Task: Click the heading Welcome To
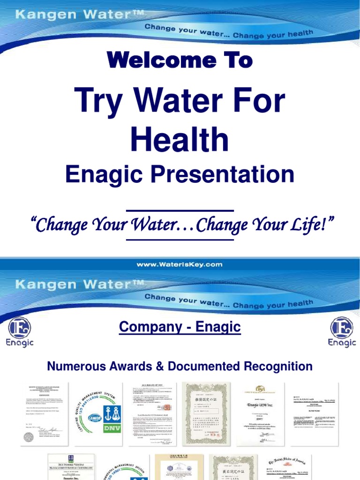(x=180, y=60)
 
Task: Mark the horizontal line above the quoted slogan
(x=180, y=211)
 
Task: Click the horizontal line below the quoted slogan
(x=180, y=240)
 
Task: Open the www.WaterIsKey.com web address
(x=180, y=264)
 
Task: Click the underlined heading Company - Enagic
(x=180, y=327)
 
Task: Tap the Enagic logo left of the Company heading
(x=20, y=331)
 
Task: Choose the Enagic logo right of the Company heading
(x=342, y=331)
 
